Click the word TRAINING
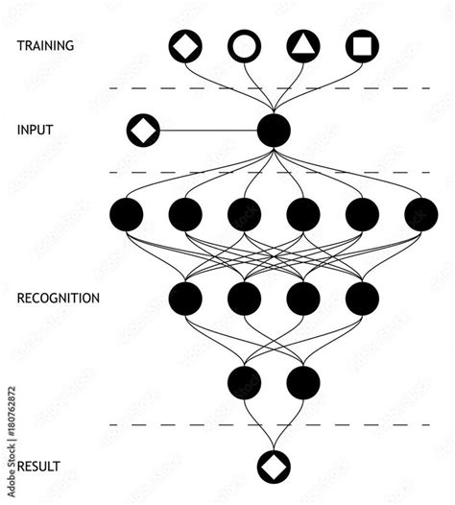[45, 45]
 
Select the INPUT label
[36, 129]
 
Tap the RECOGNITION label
[59, 299]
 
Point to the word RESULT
[39, 467]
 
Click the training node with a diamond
[185, 45]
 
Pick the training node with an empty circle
[244, 45]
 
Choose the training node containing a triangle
[303, 45]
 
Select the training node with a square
[362, 45]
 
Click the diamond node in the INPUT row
[144, 129]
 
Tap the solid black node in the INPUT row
[274, 130]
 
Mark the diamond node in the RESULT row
[274, 466]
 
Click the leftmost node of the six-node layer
[127, 214]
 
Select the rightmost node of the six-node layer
[420, 214]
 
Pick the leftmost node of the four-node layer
[185, 299]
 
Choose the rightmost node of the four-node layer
[362, 299]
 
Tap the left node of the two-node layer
[244, 382]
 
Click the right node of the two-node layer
[303, 382]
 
